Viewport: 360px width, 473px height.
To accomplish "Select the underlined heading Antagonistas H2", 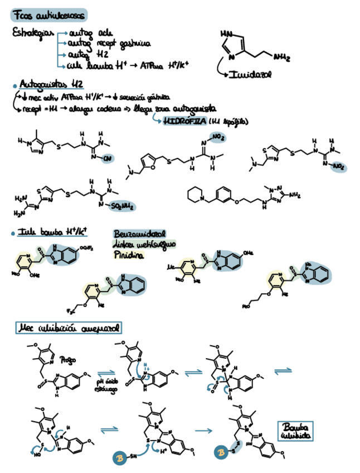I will pyautogui.click(x=51, y=85).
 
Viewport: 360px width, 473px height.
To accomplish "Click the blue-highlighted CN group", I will pyautogui.click(x=107, y=158).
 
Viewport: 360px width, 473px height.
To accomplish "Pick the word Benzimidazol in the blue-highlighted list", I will pyautogui.click(x=139, y=234).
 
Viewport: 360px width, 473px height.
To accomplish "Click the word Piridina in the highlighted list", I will pyautogui.click(x=129, y=255).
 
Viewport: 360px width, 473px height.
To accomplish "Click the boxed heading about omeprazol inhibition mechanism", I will pyautogui.click(x=69, y=327).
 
